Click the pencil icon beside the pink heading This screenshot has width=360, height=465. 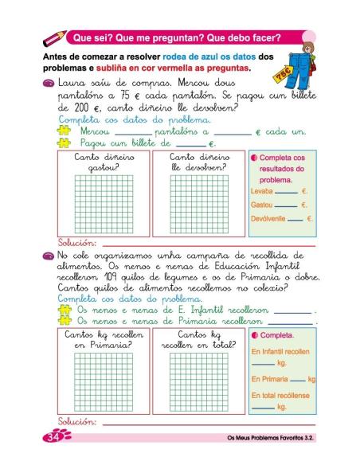[x=55, y=37]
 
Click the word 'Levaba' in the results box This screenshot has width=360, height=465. [x=261, y=192]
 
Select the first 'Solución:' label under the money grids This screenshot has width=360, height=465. [x=76, y=242]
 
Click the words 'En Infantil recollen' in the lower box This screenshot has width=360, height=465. [x=280, y=350]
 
